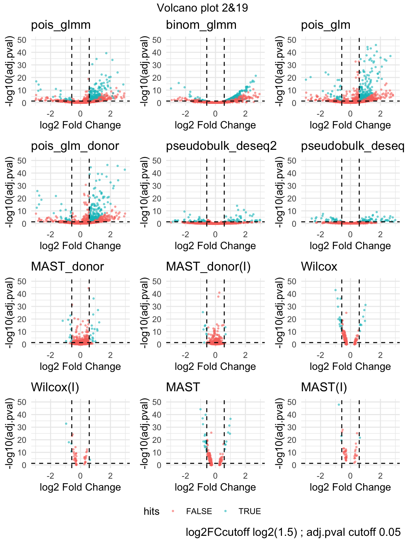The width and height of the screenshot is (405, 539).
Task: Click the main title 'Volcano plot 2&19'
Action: (202, 8)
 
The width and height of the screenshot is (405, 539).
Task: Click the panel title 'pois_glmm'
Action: (61, 25)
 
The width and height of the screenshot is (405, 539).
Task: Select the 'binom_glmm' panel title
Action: (201, 25)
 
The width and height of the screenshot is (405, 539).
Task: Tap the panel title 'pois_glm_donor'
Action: (75, 146)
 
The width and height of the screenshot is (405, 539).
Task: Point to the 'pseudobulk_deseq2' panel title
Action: (221, 146)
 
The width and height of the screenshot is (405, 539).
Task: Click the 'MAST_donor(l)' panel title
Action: (208, 266)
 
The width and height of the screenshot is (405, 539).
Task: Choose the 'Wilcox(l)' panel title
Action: (55, 387)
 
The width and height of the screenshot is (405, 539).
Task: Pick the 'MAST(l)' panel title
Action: (324, 387)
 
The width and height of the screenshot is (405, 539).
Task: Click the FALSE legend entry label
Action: (199, 511)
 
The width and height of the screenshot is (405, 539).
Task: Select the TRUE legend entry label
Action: (250, 511)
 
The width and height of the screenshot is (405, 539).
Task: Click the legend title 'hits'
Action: (152, 511)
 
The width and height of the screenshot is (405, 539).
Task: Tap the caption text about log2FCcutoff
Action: (293, 532)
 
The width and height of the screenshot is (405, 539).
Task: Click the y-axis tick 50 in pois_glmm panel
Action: (22, 40)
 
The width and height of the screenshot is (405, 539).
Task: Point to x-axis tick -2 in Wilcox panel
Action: (320, 355)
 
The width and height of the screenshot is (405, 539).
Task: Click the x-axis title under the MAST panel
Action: (215, 487)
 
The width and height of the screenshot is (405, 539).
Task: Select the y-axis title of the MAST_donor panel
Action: (10, 313)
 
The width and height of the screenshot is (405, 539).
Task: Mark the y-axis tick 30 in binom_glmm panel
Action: (157, 65)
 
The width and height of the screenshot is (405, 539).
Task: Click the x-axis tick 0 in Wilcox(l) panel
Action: (81, 475)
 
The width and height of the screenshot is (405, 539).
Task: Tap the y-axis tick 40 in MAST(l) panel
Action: (292, 415)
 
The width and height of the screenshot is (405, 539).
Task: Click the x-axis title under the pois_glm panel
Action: (350, 125)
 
